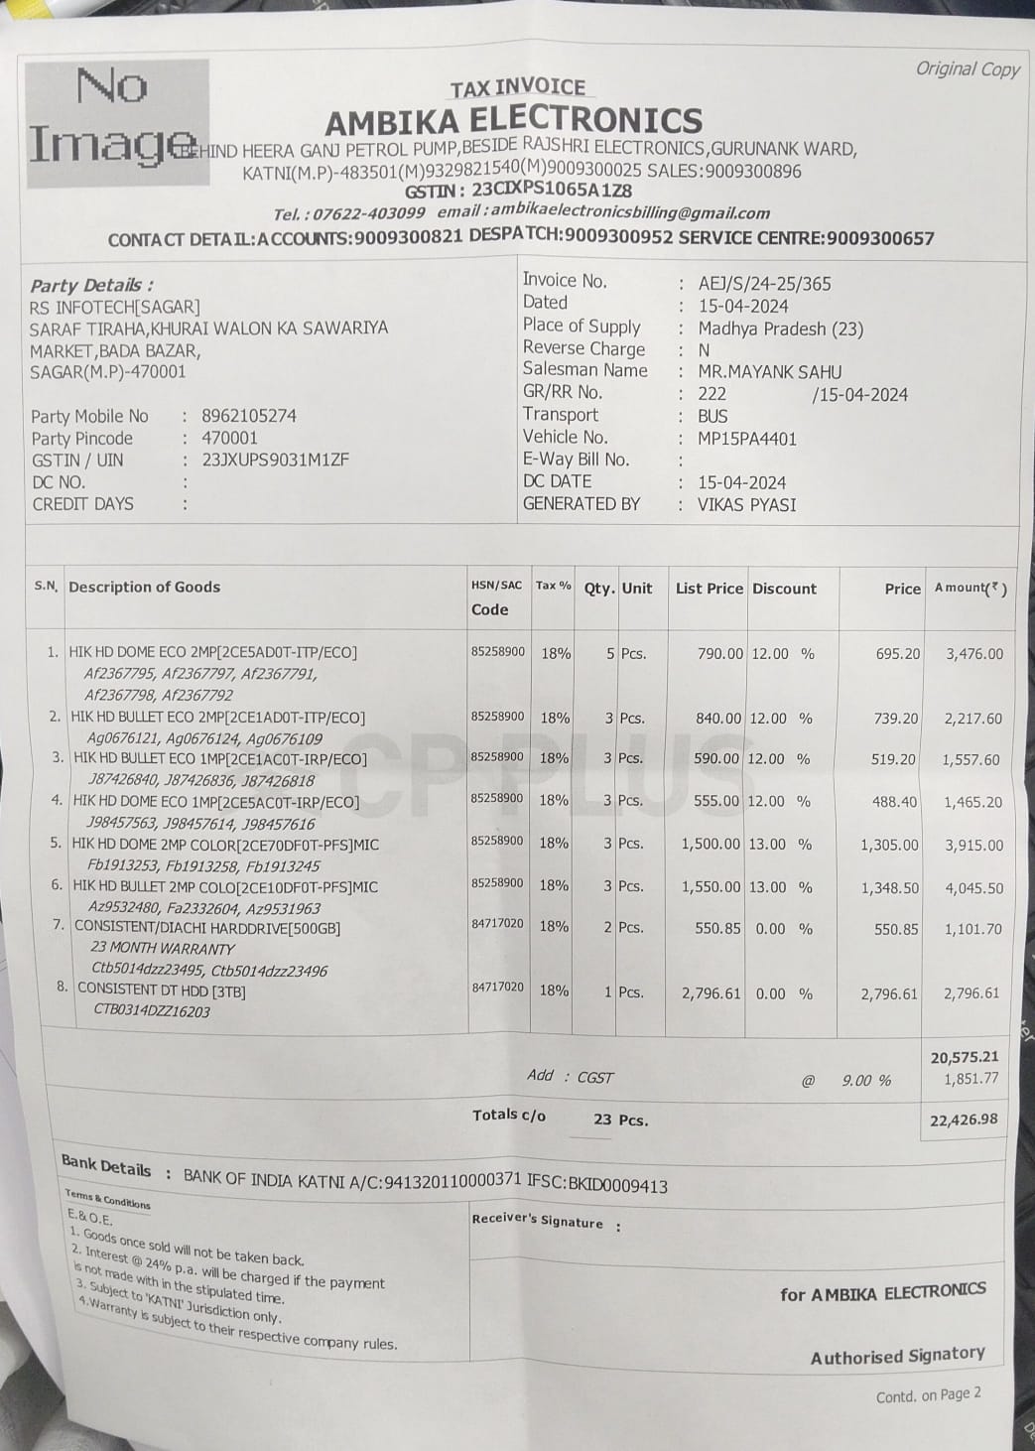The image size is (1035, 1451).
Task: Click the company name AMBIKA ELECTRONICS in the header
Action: click(x=514, y=121)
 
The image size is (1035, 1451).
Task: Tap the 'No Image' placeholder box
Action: click(x=117, y=121)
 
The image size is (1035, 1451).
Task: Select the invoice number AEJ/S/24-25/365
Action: click(x=764, y=284)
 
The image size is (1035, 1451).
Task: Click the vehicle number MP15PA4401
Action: click(x=747, y=439)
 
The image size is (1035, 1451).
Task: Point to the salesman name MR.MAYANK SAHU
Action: click(x=770, y=372)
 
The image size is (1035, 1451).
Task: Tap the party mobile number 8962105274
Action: click(x=249, y=416)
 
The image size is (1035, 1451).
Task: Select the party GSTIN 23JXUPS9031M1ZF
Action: click(x=275, y=461)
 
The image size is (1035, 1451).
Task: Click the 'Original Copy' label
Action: click(x=967, y=68)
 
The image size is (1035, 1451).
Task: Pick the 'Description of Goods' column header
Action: click(x=145, y=587)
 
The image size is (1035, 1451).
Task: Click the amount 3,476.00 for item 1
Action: click(x=973, y=654)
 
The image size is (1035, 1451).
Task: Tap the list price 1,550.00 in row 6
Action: click(x=711, y=887)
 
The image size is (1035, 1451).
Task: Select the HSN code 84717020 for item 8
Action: click(x=497, y=988)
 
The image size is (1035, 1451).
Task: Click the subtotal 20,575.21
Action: click(x=964, y=1058)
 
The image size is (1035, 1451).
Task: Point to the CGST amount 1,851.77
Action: click(x=970, y=1079)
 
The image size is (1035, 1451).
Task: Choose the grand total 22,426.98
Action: click(x=963, y=1120)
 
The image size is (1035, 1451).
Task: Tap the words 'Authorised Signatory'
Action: click(x=897, y=1356)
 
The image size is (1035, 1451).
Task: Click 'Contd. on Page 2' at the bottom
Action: click(x=928, y=1395)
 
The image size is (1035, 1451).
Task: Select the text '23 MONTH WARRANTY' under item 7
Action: click(x=163, y=949)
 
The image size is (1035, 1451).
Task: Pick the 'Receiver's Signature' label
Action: click(x=537, y=1221)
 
